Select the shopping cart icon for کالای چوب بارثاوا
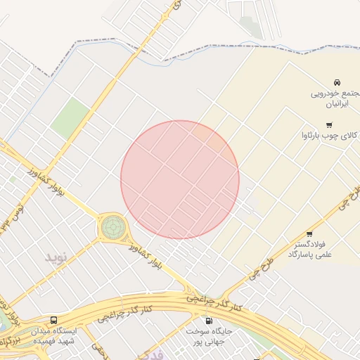pyautogui.click(x=329, y=124)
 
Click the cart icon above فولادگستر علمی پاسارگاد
pyautogui.click(x=309, y=233)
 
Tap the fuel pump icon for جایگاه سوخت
pyautogui.click(x=209, y=321)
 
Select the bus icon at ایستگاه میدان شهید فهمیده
pyautogui.click(x=54, y=321)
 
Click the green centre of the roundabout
pyautogui.click(x=112, y=227)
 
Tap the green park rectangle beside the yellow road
pyautogui.click(x=70, y=118)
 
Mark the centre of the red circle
pyautogui.click(x=180, y=179)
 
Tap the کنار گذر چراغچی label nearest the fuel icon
pyautogui.click(x=214, y=303)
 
